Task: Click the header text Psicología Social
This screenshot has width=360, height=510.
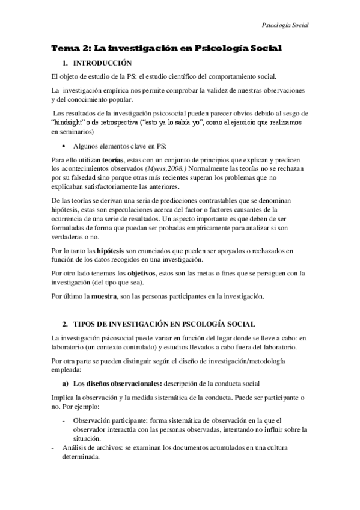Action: [285, 25]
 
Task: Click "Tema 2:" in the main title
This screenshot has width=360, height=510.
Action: [69, 48]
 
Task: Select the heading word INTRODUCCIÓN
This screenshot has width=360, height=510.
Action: [102, 63]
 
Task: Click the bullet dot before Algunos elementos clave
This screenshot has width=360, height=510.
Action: [64, 146]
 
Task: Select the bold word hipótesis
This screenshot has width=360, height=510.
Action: [109, 249]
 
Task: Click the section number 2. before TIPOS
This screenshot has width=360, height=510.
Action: [65, 324]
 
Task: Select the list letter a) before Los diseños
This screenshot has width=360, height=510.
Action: [64, 382]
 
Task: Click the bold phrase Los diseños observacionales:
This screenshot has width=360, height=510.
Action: [114, 382]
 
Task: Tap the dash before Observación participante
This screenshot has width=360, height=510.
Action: [64, 421]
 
